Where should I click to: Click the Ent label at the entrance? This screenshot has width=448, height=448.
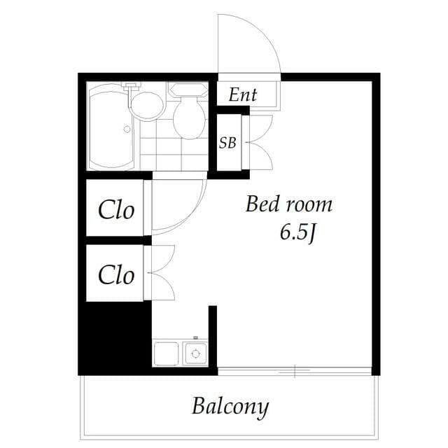click(242, 94)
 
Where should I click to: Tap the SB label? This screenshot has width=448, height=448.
click(227, 143)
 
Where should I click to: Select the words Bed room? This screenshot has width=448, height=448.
click(288, 204)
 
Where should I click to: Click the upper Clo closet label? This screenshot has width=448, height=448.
click(115, 210)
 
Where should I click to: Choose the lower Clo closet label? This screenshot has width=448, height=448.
click(115, 274)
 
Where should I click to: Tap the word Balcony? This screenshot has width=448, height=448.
click(230, 406)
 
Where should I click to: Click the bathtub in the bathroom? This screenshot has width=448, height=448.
click(112, 127)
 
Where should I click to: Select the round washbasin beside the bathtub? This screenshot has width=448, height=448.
click(147, 106)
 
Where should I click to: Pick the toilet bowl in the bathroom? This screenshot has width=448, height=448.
click(188, 119)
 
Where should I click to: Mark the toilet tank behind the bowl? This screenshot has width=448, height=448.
click(188, 90)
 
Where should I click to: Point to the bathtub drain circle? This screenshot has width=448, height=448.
click(127, 129)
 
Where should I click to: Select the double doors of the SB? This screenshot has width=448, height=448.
click(260, 142)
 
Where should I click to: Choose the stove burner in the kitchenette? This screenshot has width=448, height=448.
click(196, 353)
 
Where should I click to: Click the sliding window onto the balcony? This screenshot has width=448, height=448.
click(294, 371)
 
